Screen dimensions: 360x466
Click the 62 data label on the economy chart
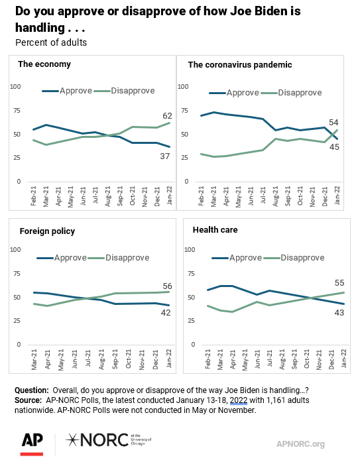[167, 115]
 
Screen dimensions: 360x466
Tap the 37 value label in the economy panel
[165, 156]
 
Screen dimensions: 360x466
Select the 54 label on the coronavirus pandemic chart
[333, 123]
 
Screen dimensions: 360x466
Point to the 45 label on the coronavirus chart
[334, 146]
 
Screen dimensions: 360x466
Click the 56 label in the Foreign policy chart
[167, 286]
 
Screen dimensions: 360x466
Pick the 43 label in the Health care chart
[339, 313]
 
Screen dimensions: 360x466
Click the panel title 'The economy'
[44, 64]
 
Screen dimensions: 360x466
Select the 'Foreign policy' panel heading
[47, 231]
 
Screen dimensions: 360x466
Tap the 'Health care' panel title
[215, 230]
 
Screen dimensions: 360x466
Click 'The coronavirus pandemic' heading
[240, 65]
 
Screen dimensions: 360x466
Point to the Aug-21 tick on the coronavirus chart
[276, 196]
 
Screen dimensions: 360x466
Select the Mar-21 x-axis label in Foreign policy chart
[34, 359]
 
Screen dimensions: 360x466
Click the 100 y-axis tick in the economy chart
[15, 86]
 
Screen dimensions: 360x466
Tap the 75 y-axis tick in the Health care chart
[192, 273]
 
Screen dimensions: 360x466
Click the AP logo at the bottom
[32, 444]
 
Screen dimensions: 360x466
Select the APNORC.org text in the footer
[300, 444]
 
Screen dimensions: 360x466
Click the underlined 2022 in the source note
[239, 400]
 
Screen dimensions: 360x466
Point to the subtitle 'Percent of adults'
[51, 43]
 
